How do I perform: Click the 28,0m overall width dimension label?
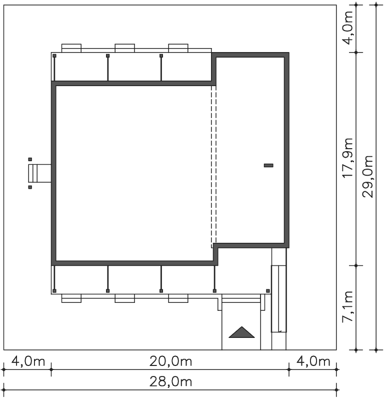tap(170, 381)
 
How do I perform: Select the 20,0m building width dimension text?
tap(170, 361)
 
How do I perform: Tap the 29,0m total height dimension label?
tap(367, 177)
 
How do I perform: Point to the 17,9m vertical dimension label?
tap(347, 158)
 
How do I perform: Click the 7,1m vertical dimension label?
tap(347, 306)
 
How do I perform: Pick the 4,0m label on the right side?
tap(347, 28)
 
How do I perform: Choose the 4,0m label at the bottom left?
tap(28, 361)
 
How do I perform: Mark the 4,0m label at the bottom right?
tap(313, 361)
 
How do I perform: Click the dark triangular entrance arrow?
tap(241, 332)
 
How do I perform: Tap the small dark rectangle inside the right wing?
tap(268, 166)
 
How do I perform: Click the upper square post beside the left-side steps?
tap(30, 159)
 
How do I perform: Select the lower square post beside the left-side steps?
tap(30, 187)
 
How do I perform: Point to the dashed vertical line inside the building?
tap(213, 166)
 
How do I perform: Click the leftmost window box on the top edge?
tap(71, 48)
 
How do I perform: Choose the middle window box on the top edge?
tap(124, 48)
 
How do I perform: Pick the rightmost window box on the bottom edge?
tap(178, 298)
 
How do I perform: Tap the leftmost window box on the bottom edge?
tap(71, 298)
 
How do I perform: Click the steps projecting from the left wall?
tap(40, 173)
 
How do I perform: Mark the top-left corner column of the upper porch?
tap(54, 56)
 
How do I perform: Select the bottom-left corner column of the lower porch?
tap(54, 291)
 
